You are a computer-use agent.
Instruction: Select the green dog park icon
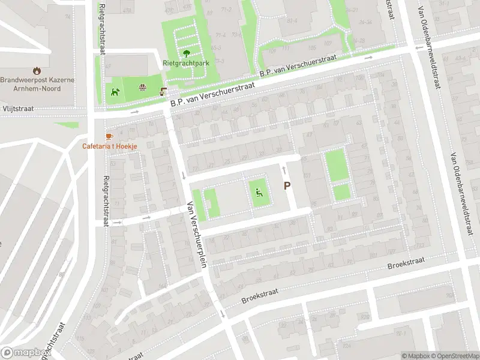tap(115, 92)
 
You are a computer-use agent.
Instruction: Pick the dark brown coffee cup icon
tap(163, 92)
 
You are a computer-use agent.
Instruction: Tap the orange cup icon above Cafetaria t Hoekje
tap(109, 136)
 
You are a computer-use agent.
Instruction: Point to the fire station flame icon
tap(38, 70)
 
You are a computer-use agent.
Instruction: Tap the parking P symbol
tap(287, 187)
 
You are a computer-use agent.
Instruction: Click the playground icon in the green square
tap(259, 193)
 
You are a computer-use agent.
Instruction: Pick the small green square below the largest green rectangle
tap(341, 192)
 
